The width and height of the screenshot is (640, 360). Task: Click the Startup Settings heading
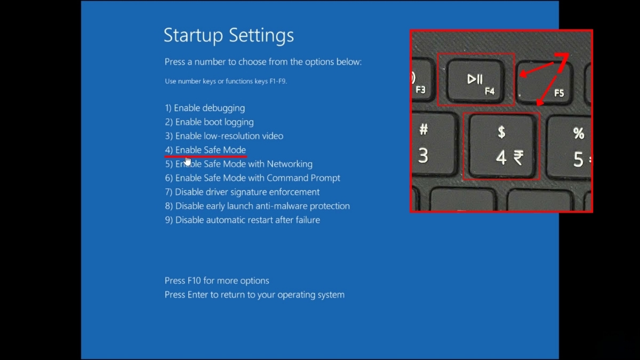click(x=229, y=35)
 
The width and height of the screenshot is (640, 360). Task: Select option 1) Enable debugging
click(x=205, y=108)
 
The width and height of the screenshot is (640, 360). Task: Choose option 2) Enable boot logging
click(x=209, y=122)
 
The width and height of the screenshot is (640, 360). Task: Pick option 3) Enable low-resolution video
click(x=224, y=136)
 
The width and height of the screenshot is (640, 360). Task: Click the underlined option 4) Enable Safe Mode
click(x=205, y=150)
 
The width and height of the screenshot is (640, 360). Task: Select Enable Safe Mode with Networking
click(x=238, y=164)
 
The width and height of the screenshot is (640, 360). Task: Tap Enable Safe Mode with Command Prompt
click(x=253, y=178)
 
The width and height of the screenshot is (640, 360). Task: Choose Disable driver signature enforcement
click(x=242, y=192)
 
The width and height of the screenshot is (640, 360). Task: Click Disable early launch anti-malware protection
click(x=257, y=206)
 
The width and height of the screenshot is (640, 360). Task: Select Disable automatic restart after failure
click(x=242, y=220)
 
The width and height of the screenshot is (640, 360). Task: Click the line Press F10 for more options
click(x=217, y=281)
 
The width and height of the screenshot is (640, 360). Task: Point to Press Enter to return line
click(x=254, y=294)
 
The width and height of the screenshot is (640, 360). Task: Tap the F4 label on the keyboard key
click(x=490, y=91)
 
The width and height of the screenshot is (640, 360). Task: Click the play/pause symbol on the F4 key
click(x=475, y=79)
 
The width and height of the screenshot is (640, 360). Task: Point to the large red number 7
click(x=562, y=62)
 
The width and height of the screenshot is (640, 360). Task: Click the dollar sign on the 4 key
click(x=501, y=132)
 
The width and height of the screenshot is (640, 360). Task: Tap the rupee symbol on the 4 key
click(x=518, y=158)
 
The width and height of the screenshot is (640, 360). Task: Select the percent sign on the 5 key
click(x=579, y=133)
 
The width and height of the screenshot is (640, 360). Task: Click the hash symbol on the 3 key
click(x=423, y=129)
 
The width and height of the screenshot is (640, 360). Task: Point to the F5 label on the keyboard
click(x=559, y=93)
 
